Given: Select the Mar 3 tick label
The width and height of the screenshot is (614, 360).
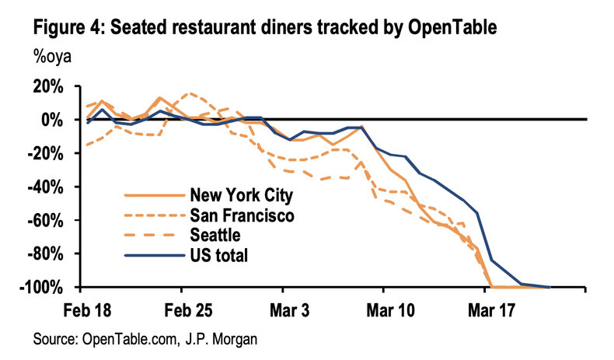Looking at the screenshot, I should (288, 309).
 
